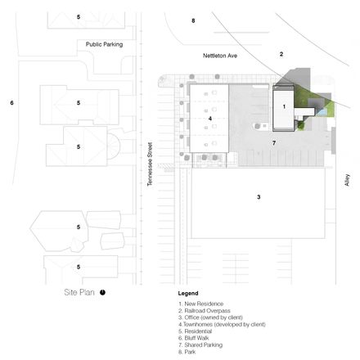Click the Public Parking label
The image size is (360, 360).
(x=104, y=44)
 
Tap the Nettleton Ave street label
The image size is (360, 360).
(x=220, y=56)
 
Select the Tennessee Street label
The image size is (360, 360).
(x=150, y=164)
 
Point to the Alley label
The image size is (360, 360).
(x=347, y=180)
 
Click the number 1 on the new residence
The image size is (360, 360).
(x=284, y=106)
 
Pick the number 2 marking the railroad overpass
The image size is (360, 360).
(x=281, y=54)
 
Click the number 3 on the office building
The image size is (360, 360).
(x=259, y=197)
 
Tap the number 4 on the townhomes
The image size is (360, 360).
(x=210, y=119)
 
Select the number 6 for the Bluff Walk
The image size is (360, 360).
(x=11, y=103)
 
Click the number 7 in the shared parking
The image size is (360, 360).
(x=274, y=143)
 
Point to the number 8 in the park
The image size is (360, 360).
(x=193, y=20)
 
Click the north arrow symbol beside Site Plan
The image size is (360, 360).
(x=102, y=292)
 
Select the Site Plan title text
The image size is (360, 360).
(x=79, y=292)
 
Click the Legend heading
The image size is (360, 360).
(x=188, y=294)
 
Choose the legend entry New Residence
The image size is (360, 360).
(x=200, y=304)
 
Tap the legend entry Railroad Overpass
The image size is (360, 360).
(x=205, y=311)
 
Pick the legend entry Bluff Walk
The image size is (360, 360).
(x=194, y=338)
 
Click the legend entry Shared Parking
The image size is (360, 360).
(x=200, y=345)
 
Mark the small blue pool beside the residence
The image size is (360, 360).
(x=322, y=111)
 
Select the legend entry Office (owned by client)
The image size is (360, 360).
(x=210, y=317)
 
